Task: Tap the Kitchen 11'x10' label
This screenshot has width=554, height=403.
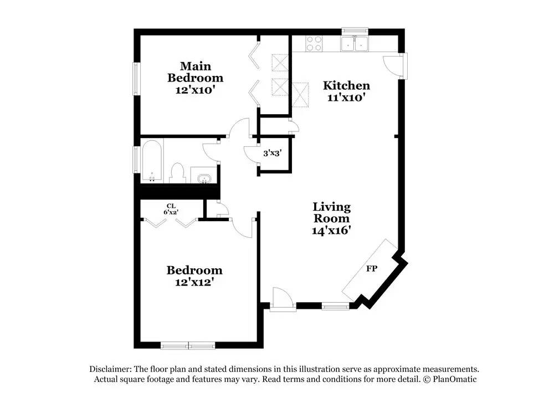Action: pos(346,91)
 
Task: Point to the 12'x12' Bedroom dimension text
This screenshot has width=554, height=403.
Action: pos(194,282)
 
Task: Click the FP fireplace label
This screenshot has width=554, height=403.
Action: pos(371,269)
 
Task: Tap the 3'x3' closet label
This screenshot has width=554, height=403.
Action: pos(273,154)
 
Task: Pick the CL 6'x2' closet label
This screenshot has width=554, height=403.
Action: pos(171,209)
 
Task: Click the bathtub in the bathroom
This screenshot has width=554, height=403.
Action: pos(152,161)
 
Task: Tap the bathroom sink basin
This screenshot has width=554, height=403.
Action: pos(203,178)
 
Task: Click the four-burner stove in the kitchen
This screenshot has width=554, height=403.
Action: pos(314,44)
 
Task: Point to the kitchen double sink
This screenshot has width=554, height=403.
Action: pos(354,43)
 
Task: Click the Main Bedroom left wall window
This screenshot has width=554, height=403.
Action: pos(136,79)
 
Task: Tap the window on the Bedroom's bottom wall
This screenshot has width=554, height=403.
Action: pos(188,345)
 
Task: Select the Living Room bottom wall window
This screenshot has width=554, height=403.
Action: pos(336,306)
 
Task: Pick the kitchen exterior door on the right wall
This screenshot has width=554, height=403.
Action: pos(395,66)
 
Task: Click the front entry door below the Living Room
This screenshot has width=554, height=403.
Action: pos(283,300)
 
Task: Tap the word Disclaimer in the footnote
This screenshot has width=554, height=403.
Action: pos(110,369)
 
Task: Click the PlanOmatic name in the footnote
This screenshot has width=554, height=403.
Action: pos(455,379)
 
